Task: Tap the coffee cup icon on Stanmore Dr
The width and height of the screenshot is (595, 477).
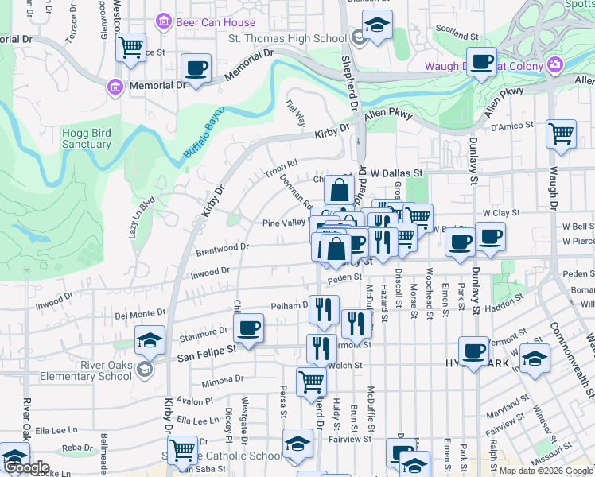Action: point(249,328)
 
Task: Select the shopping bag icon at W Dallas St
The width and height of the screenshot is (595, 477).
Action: point(339,191)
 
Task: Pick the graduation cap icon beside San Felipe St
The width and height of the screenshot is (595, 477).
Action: point(150,341)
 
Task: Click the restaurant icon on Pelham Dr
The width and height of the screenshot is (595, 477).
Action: point(324,309)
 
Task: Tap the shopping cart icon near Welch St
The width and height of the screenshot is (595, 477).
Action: point(311,382)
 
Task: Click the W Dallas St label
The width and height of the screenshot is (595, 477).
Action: point(395,173)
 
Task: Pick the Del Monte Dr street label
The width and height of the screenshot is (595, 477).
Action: point(141,314)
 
